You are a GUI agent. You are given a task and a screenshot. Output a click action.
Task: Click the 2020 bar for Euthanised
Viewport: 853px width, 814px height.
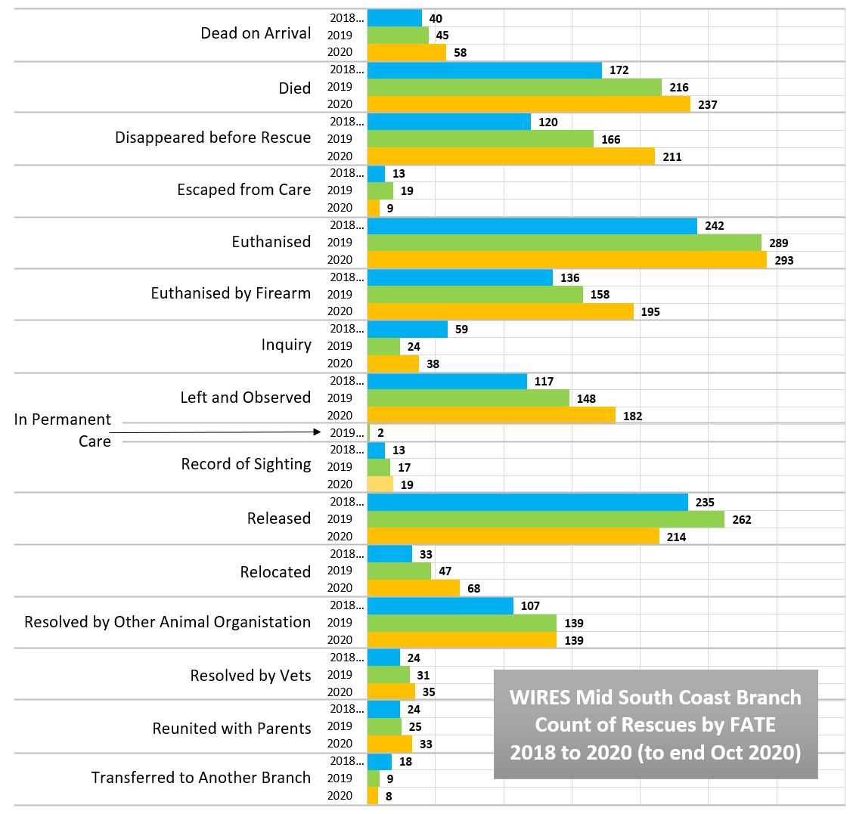tap(566, 260)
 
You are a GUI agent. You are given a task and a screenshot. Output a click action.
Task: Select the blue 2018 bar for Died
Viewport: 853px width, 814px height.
tap(484, 70)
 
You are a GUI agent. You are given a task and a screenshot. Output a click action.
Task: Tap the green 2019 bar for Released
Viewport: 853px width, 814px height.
tap(545, 519)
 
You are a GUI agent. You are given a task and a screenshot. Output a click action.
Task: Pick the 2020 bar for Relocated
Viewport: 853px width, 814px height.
tap(413, 588)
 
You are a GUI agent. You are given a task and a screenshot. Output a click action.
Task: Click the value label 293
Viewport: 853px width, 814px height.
tap(784, 261)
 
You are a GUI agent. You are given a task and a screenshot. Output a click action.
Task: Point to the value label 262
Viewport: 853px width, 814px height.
tap(742, 520)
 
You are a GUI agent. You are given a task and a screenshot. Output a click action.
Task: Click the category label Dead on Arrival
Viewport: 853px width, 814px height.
tap(256, 33)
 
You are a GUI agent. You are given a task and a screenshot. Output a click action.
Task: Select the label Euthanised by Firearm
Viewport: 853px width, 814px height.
tap(231, 293)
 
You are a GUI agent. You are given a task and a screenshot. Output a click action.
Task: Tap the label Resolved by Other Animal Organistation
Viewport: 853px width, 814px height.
tap(167, 622)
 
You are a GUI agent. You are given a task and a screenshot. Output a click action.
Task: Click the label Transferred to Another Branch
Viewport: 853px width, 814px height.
tap(201, 778)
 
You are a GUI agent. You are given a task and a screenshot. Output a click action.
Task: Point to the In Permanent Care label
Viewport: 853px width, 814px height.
tap(63, 430)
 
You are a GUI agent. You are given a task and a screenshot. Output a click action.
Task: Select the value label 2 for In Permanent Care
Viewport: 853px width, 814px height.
tap(381, 433)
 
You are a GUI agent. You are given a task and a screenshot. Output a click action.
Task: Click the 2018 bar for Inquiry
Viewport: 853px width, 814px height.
tap(407, 330)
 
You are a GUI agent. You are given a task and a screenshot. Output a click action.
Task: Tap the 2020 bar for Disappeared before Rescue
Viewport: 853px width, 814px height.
tap(510, 156)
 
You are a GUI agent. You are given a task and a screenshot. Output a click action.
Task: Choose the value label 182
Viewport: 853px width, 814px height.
tap(632, 416)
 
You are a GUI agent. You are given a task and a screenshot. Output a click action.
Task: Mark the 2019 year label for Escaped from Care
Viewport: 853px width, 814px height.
tap(340, 190)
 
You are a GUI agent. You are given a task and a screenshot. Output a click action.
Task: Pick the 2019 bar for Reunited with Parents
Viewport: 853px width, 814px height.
tap(384, 726)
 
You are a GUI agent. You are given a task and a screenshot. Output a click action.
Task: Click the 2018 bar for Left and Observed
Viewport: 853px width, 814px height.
tap(447, 382)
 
